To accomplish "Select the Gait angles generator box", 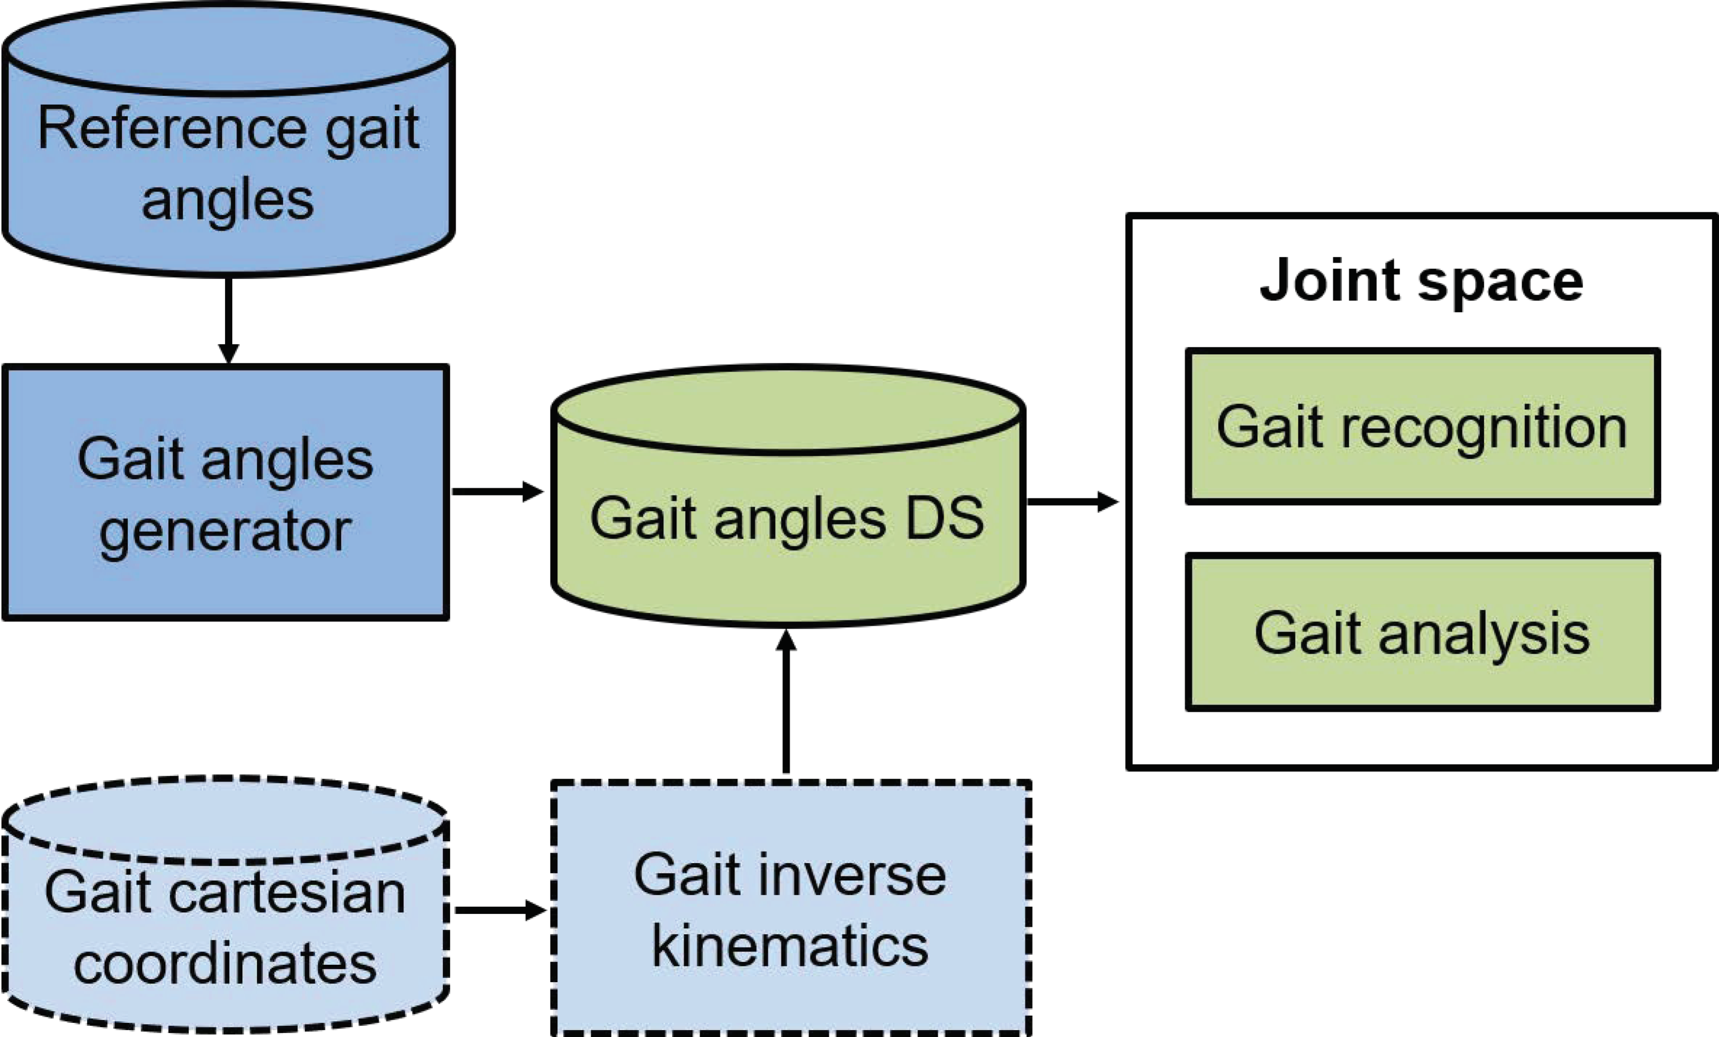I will tap(225, 492).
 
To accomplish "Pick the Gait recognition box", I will tap(1422, 426).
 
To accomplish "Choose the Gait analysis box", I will tap(1422, 632).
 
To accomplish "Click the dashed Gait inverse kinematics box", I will tap(790, 907).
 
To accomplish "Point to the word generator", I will tap(225, 532).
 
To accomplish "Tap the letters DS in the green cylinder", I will tap(945, 518).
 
